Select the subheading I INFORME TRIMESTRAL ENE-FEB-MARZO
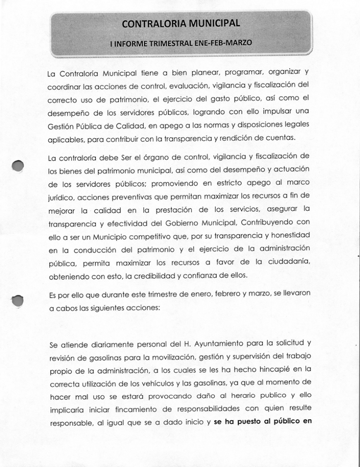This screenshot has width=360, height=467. [181, 43]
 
